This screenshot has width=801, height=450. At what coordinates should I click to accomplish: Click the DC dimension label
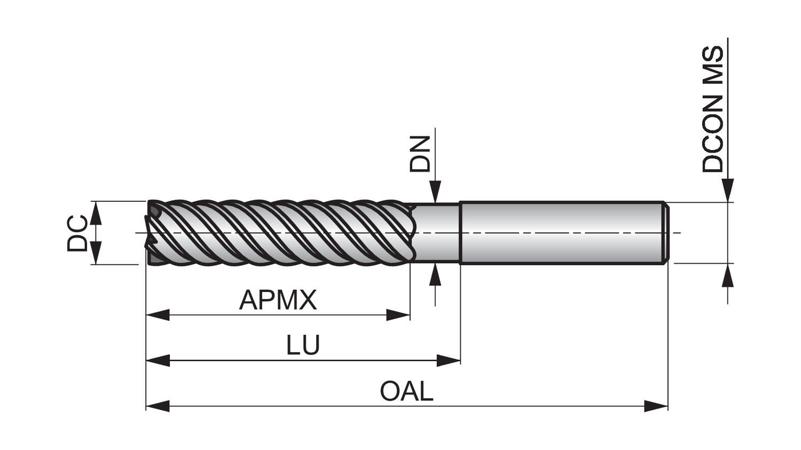click(x=77, y=233)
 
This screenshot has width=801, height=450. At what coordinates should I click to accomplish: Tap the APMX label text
click(x=278, y=300)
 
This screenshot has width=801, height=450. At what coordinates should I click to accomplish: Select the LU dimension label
click(x=303, y=345)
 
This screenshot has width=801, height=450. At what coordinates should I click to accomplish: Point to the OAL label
click(x=406, y=391)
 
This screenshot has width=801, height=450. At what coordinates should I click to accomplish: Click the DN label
click(x=420, y=154)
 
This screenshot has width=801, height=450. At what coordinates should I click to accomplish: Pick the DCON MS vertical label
click(x=713, y=109)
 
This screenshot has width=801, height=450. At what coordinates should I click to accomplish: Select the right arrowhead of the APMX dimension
click(x=398, y=315)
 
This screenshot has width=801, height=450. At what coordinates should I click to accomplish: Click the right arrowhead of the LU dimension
click(x=449, y=361)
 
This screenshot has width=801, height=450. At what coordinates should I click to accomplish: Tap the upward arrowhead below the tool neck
click(x=436, y=274)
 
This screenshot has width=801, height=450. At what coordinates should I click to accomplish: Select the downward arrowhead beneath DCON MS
click(x=727, y=191)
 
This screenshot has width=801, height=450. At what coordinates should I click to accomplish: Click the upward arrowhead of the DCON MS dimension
click(x=727, y=276)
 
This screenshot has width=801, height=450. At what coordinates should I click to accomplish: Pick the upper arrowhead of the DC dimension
click(x=96, y=213)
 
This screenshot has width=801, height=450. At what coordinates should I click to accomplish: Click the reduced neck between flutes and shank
click(x=437, y=233)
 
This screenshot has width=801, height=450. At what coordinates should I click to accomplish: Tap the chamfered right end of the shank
click(x=665, y=233)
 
